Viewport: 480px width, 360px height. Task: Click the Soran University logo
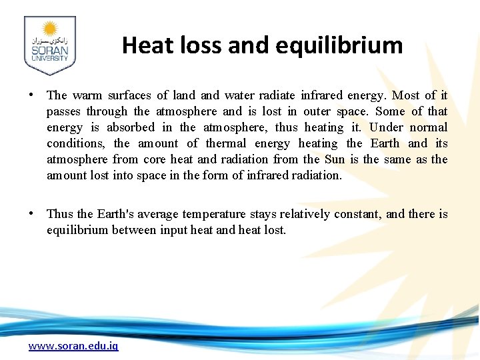point(50,45)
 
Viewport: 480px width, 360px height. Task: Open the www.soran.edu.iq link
point(73,346)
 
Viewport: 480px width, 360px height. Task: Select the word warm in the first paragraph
point(87,95)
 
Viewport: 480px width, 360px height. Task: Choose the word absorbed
point(131,127)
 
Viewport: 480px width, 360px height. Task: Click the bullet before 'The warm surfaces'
point(31,95)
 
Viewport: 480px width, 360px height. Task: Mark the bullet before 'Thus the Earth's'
point(31,213)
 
